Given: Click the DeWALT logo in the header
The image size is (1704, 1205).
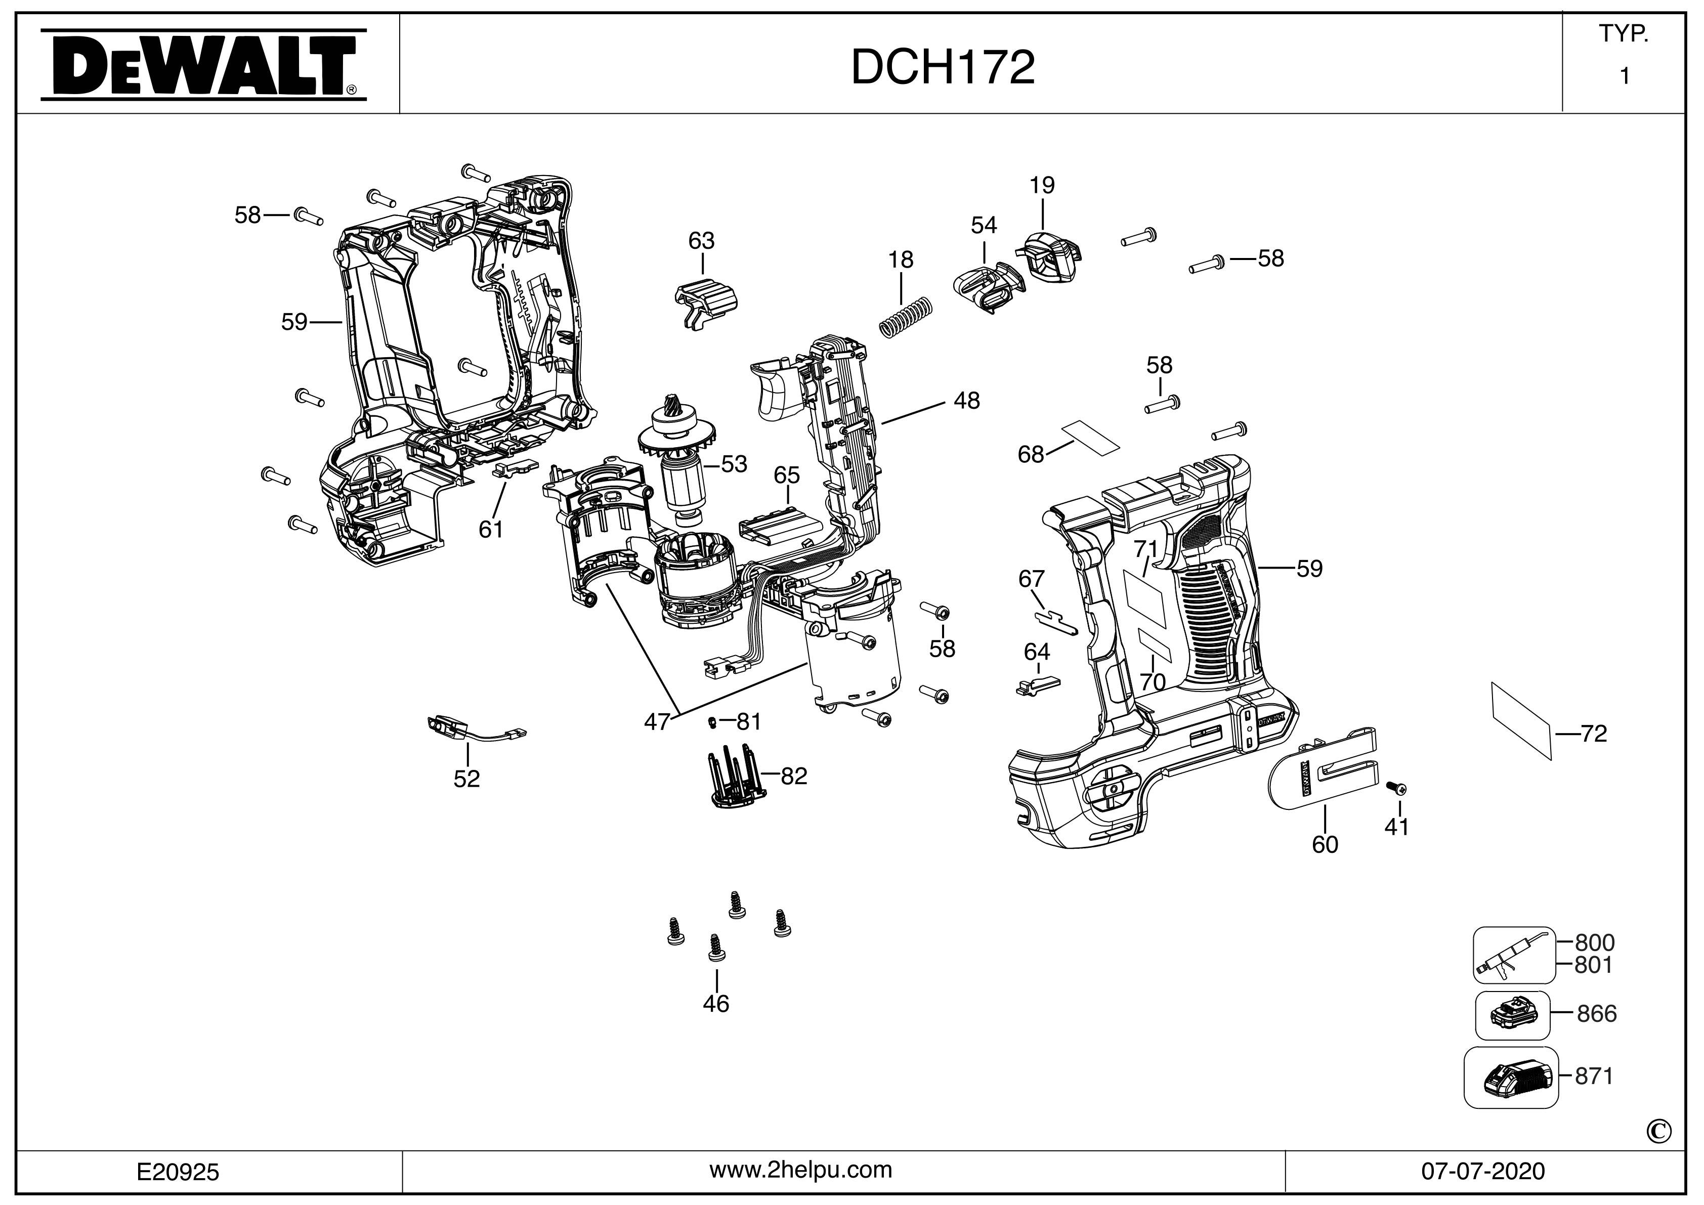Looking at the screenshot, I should (202, 65).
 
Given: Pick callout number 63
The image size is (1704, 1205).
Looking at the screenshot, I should (701, 241).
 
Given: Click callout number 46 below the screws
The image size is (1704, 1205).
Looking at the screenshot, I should (716, 1004).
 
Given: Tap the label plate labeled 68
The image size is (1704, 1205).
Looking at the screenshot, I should (1089, 437).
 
